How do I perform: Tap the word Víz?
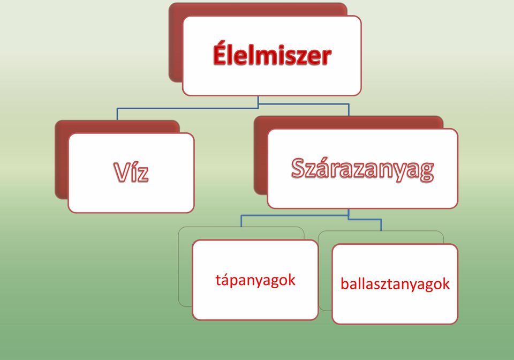pos(131,171)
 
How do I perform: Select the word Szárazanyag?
pos(362,169)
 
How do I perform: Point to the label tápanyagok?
pos(255,280)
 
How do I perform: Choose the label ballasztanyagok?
pos(395,283)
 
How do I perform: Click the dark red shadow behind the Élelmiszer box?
pos(176,43)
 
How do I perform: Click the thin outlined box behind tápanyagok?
pos(185,266)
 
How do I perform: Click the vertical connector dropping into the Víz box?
pos(117,114)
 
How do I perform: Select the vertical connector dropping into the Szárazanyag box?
pos(349,110)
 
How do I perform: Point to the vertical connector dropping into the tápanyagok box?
pos(241,221)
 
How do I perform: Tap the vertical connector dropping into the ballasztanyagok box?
pos(381,225)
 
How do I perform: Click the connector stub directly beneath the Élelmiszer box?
pos(258,102)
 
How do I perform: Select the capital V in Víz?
pos(121,171)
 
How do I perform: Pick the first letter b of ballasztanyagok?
pos(344,283)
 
